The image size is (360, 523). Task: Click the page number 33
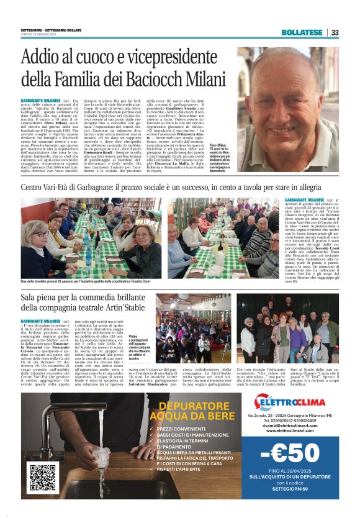(335, 32)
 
